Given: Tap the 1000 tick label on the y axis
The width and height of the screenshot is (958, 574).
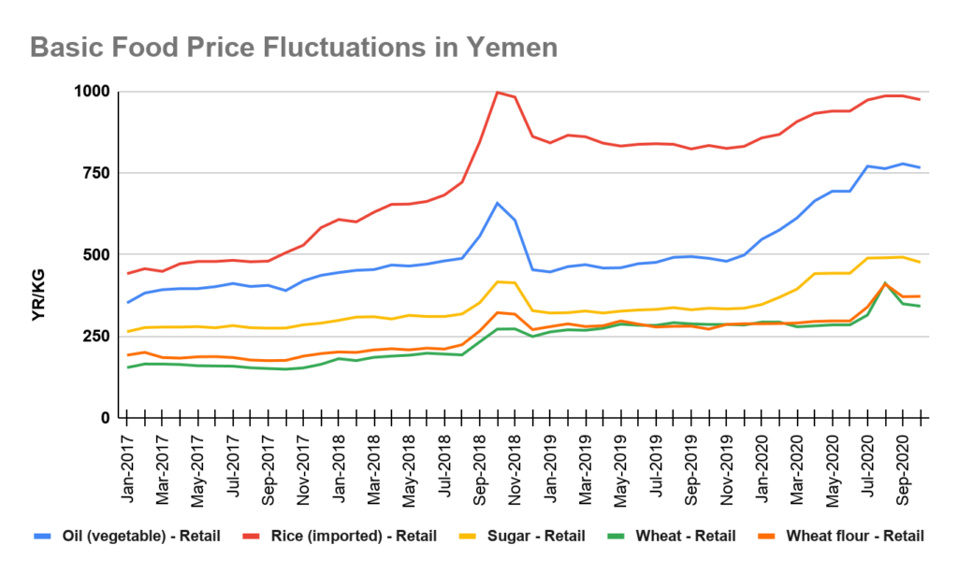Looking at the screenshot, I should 92,92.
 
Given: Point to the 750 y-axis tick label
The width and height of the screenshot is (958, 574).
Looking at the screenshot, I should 96,173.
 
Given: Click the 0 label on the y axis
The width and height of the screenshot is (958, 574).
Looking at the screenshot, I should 106,418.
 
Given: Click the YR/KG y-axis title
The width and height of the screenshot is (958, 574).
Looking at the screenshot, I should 38,290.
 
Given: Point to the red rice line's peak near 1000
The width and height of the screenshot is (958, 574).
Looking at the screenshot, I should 498,92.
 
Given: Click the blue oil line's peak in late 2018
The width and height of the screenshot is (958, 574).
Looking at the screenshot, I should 498,203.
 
